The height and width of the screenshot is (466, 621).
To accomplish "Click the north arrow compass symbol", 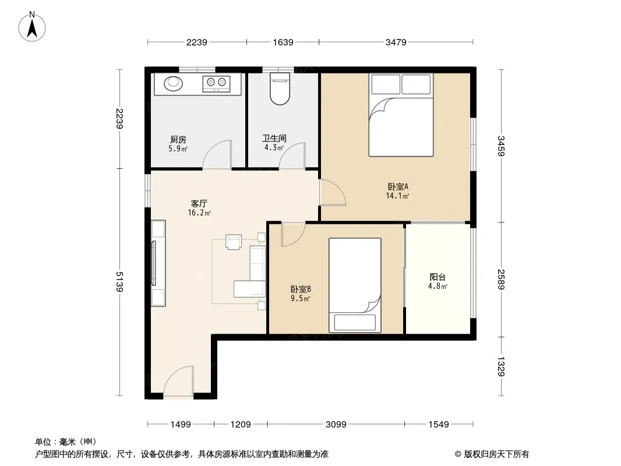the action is pyautogui.click(x=32, y=27).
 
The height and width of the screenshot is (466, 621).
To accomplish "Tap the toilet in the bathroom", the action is pyautogui.click(x=280, y=89).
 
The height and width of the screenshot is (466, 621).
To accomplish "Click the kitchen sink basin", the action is pyautogui.click(x=174, y=83).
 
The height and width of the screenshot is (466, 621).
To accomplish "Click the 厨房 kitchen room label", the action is pyautogui.click(x=178, y=139).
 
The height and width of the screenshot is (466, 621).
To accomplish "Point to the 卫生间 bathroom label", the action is pyautogui.click(x=274, y=138).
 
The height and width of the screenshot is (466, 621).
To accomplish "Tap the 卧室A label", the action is pyautogui.click(x=398, y=186).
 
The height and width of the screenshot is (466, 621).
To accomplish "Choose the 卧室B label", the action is pyautogui.click(x=301, y=289).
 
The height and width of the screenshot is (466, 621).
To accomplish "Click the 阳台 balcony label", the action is pyautogui.click(x=437, y=277).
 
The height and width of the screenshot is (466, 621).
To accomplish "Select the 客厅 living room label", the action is pyautogui.click(x=199, y=203).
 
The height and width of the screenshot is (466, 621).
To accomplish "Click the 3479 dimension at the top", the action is pyautogui.click(x=396, y=42).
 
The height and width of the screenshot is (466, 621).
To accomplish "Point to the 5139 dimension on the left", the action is pyautogui.click(x=119, y=281).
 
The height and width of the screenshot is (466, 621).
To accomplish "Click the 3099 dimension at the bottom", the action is pyautogui.click(x=336, y=425).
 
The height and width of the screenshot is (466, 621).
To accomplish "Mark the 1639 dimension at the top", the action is pyautogui.click(x=283, y=42).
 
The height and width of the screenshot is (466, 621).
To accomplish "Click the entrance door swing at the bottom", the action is pyautogui.click(x=179, y=381).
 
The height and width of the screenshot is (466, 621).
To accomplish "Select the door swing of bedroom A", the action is pyautogui.click(x=333, y=193).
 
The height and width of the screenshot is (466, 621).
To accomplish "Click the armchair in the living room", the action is pyautogui.click(x=234, y=242).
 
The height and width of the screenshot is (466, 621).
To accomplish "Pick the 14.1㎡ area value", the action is pyautogui.click(x=398, y=196).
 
